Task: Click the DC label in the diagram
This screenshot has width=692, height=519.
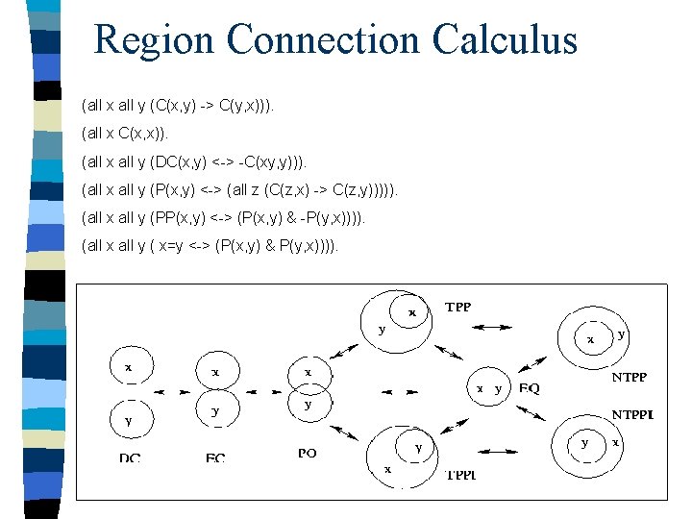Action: click(130, 457)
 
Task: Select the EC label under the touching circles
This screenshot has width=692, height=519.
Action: click(215, 457)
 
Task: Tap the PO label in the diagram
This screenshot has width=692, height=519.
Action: click(308, 453)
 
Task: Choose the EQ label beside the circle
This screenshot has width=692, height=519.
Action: click(530, 389)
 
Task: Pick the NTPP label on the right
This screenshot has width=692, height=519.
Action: click(629, 378)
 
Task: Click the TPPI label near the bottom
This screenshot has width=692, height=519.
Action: click(460, 475)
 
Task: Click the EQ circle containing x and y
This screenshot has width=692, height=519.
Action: click(487, 388)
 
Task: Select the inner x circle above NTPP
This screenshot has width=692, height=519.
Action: click(592, 339)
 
